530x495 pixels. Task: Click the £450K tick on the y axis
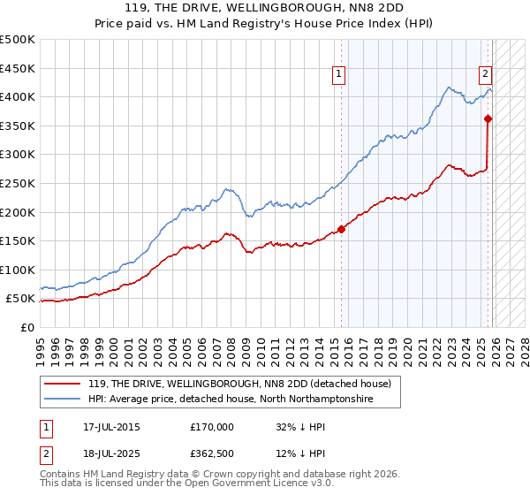tap(18, 68)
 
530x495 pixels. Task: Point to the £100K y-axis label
tap(18, 270)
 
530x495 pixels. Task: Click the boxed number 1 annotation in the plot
tap(340, 75)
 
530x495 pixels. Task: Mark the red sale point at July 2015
tap(342, 230)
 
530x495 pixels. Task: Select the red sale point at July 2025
tap(488, 118)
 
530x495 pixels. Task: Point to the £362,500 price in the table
tap(212, 454)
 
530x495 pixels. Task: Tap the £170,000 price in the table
tap(212, 426)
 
